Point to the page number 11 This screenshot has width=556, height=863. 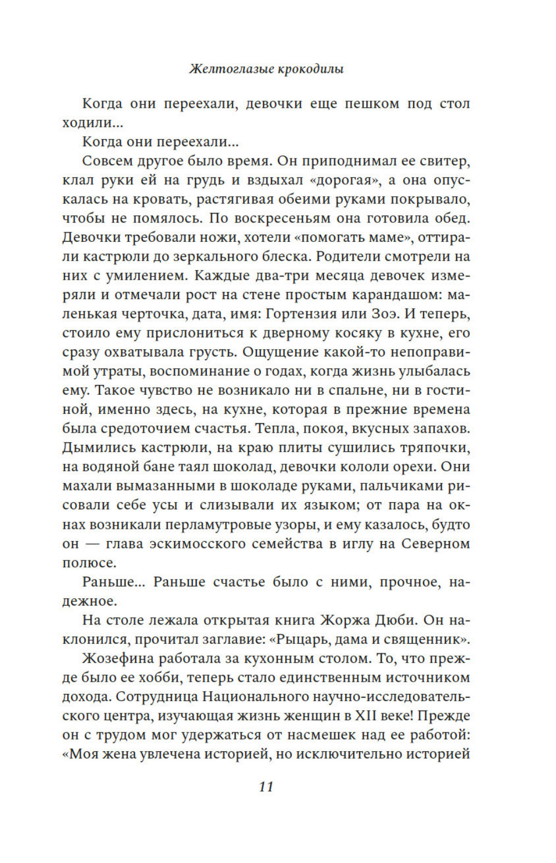click(266, 786)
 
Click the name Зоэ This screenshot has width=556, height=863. click(384, 314)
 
